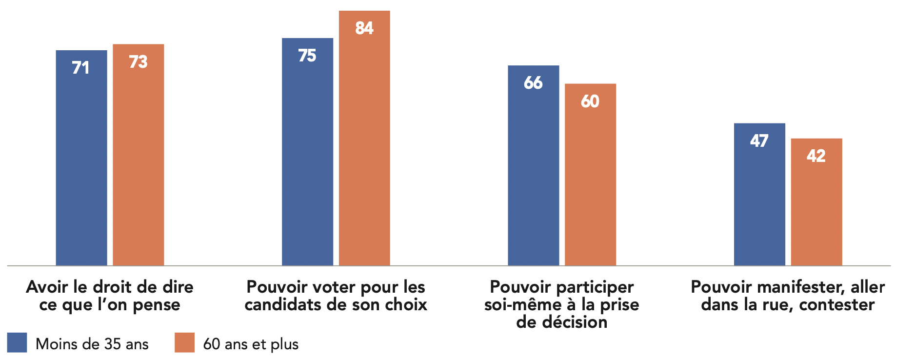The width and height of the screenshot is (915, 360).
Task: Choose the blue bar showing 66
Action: (x=533, y=165)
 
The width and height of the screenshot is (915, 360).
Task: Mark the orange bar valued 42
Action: (x=816, y=202)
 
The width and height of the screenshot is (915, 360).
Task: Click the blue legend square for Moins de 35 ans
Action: (x=17, y=342)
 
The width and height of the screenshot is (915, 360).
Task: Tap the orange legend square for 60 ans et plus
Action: (x=184, y=342)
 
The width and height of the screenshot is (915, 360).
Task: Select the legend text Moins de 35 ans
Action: (x=92, y=344)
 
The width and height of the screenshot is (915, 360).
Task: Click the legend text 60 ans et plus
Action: (x=251, y=344)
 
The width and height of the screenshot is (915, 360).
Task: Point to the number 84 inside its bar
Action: (x=364, y=28)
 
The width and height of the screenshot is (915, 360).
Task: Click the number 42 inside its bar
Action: (x=816, y=156)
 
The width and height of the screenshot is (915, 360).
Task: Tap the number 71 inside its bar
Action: (x=80, y=68)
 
